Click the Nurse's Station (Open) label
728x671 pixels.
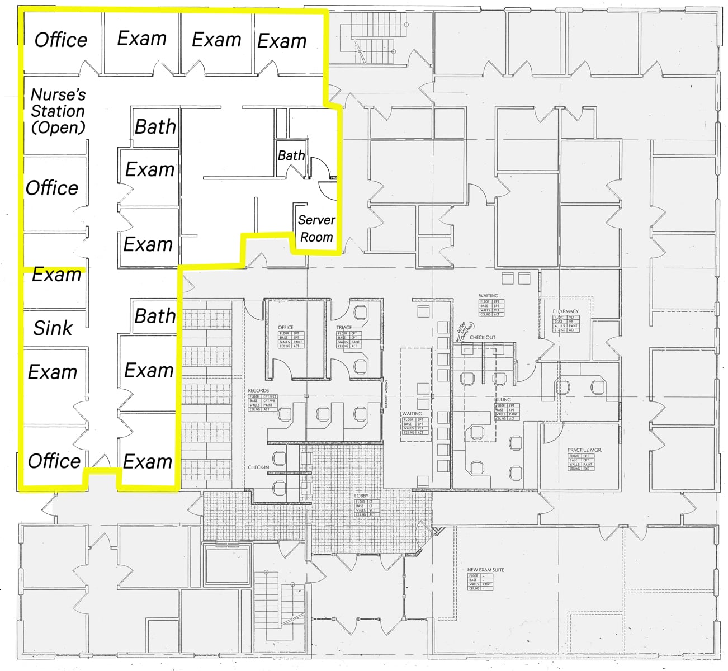[x=58, y=111]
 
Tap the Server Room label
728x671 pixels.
[x=316, y=229]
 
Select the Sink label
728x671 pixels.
[x=53, y=328]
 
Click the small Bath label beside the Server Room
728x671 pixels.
[x=291, y=155]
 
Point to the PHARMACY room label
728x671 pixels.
[x=566, y=311]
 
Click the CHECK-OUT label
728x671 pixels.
[x=482, y=338]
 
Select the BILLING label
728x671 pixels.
[x=503, y=400]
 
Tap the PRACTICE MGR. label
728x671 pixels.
[x=584, y=450]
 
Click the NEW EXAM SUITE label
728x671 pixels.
[x=485, y=570]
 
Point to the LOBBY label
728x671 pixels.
[x=361, y=496]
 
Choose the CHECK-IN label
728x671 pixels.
[x=258, y=467]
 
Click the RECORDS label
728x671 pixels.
[x=258, y=391]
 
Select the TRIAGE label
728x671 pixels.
[x=344, y=328]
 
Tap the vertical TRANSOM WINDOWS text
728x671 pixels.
[x=386, y=394]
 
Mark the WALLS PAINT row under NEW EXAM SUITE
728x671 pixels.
[x=480, y=584]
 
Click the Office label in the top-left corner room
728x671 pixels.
[x=61, y=40]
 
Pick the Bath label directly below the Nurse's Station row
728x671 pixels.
[x=155, y=127]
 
